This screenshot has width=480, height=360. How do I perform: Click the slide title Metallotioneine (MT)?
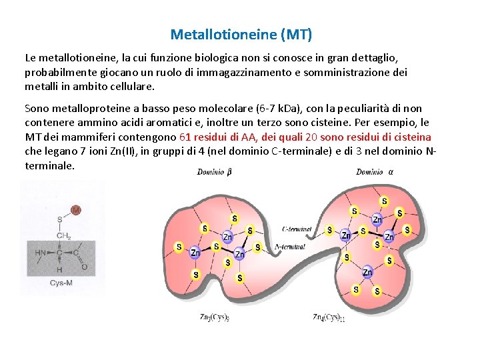click(x=241, y=33)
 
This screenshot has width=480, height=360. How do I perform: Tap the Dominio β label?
click(x=215, y=172)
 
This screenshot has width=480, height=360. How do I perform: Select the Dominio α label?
click(x=374, y=172)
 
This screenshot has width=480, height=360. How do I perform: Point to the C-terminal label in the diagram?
click(x=297, y=229)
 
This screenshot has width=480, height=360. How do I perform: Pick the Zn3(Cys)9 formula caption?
click(x=215, y=317)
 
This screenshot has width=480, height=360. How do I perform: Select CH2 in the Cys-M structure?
click(x=64, y=235)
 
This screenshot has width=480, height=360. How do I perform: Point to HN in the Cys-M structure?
click(x=41, y=252)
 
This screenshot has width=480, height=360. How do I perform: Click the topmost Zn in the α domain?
click(x=377, y=219)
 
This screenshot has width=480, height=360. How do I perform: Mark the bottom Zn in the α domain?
click(x=367, y=272)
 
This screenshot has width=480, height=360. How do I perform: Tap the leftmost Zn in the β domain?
click(x=195, y=253)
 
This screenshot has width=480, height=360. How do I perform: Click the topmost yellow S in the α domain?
click(x=383, y=201)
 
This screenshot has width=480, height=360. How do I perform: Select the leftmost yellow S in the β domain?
click(x=179, y=247)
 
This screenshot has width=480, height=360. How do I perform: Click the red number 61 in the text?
click(x=186, y=137)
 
